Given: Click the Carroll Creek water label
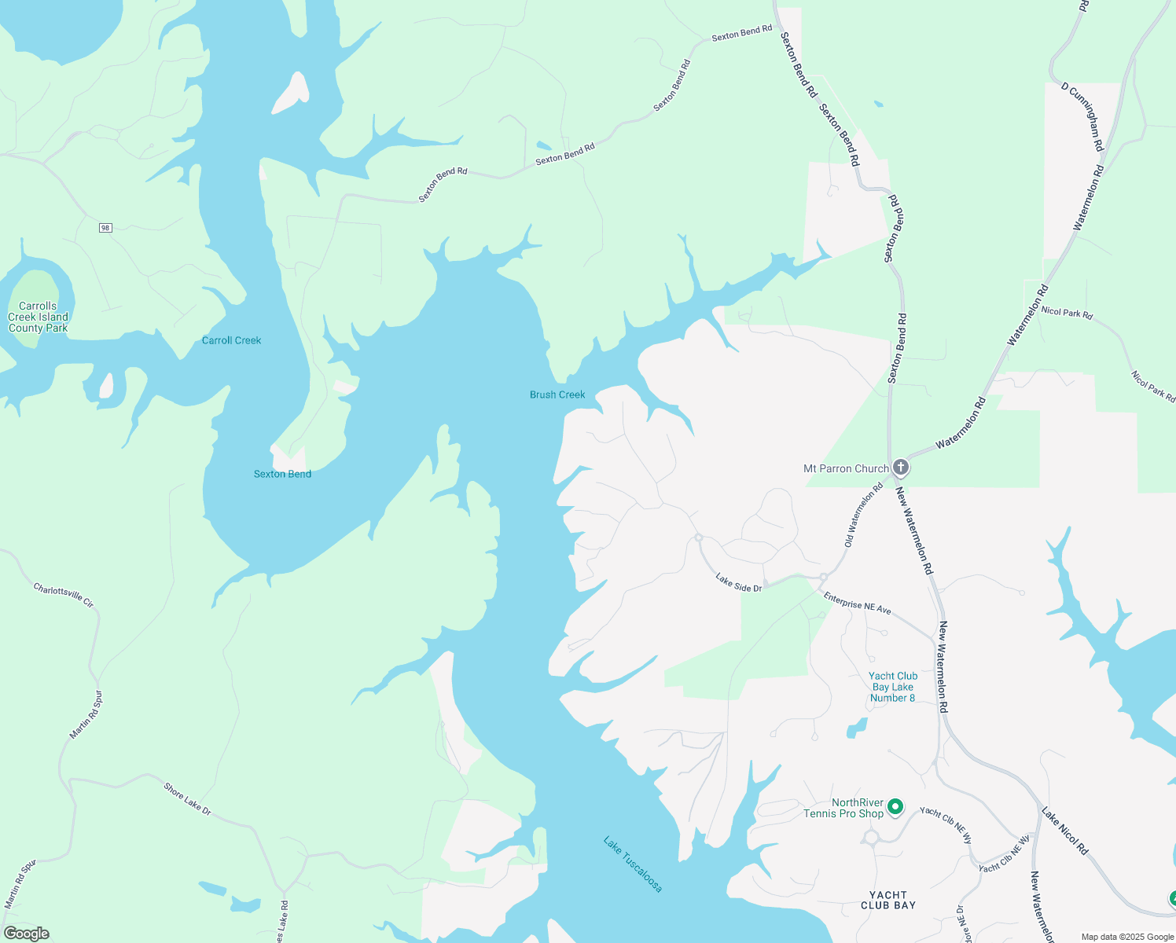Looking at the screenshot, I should [231, 340].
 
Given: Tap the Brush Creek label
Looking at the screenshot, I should [557, 394].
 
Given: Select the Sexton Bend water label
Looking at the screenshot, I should [282, 474].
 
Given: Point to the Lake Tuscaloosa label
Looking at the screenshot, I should [633, 864].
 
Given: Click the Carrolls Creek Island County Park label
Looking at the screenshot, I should [38, 317].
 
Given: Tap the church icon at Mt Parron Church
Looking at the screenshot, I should [901, 468].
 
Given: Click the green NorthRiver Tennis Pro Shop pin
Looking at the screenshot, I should [895, 806].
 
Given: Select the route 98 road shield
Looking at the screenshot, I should [105, 228].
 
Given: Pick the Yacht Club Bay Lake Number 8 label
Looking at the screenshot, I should [893, 687].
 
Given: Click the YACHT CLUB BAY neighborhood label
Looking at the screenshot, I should [888, 900].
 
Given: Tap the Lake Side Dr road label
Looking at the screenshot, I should [738, 582].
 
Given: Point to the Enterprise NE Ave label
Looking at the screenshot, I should [857, 603].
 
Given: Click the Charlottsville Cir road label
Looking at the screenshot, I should [64, 595].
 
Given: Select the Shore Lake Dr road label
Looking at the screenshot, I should [187, 798].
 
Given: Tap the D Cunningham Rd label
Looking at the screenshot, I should [1082, 117].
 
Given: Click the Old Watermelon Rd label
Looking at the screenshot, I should [863, 516].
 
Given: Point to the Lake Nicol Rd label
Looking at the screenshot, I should [1064, 831].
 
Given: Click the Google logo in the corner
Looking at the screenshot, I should [26, 934].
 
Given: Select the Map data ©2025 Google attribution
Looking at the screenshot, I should [1127, 937].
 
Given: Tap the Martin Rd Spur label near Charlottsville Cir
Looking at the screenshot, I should [86, 715].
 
